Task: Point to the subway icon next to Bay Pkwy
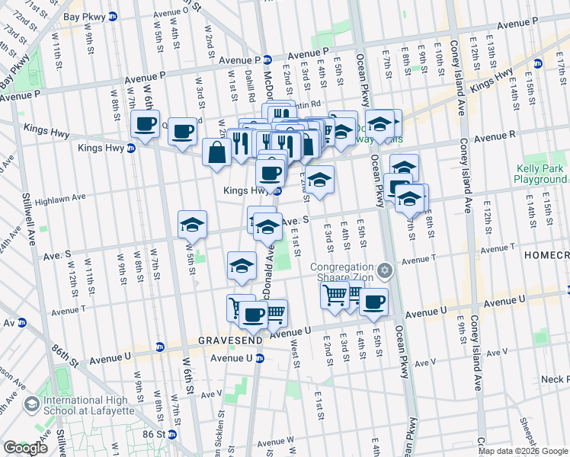pyautogui.click(x=114, y=16)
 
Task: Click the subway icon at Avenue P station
pyautogui.click(x=267, y=59)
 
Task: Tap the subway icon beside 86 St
pyautogui.click(x=172, y=434)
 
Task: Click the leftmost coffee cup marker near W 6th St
pyautogui.click(x=145, y=124)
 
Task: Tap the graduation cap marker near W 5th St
pyautogui.click(x=192, y=224)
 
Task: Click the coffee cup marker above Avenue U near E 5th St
pyautogui.click(x=373, y=302)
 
